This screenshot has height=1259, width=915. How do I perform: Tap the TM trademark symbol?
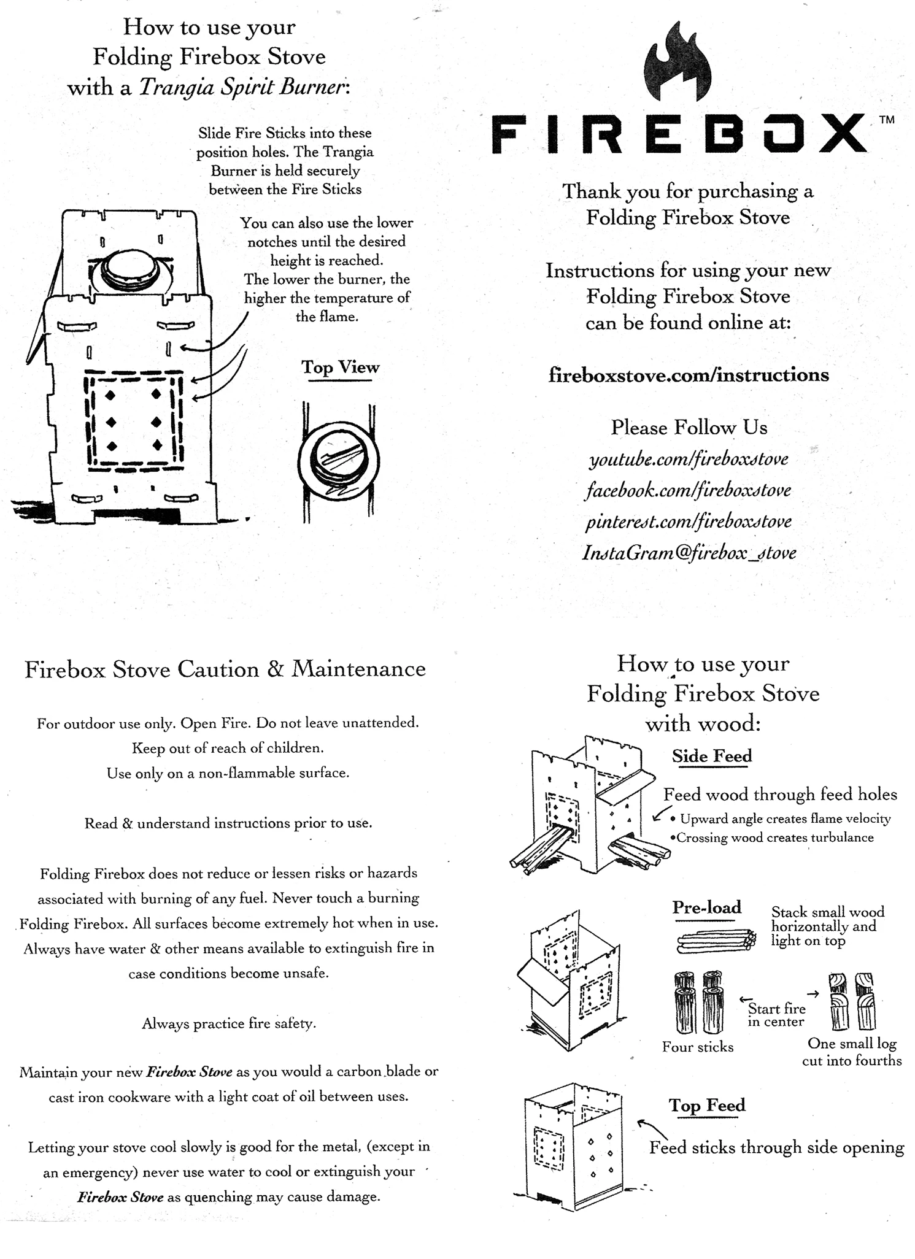pyautogui.click(x=887, y=120)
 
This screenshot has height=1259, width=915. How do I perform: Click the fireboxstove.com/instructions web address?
pyautogui.click(x=688, y=374)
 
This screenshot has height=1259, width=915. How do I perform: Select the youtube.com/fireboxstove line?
pyautogui.click(x=688, y=459)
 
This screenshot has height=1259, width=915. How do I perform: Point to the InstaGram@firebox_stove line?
pyautogui.click(x=689, y=553)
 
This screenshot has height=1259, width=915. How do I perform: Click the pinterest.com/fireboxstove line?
pyautogui.click(x=688, y=522)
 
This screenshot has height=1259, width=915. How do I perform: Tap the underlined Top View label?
pyautogui.click(x=340, y=368)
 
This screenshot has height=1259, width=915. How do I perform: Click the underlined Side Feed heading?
pyautogui.click(x=711, y=756)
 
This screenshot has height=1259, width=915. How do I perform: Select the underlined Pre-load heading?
pyautogui.click(x=706, y=907)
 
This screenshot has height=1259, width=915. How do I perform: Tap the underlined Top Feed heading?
pyautogui.click(x=707, y=1106)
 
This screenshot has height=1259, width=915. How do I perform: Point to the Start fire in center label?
pyautogui.click(x=776, y=1015)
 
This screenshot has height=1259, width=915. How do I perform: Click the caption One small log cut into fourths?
pyautogui.click(x=852, y=1052)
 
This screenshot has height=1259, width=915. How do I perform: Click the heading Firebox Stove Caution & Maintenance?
pyautogui.click(x=225, y=669)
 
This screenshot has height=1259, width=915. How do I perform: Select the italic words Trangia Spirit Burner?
pyautogui.click(x=244, y=87)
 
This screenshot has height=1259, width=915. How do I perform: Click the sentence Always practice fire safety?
pyautogui.click(x=229, y=1023)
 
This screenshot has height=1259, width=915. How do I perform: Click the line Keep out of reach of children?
pyautogui.click(x=228, y=748)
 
